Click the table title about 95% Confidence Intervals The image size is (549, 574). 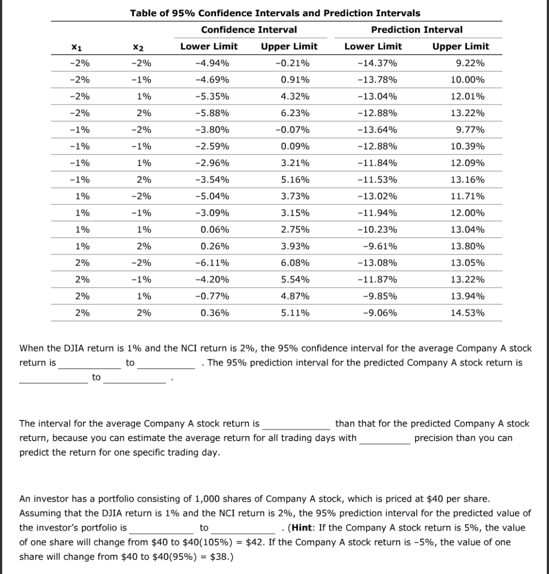pos(275,13)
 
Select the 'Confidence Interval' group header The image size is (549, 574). pos(248,30)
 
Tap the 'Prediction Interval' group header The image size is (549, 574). pos(417,30)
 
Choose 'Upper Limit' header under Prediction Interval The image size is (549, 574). pos(460,47)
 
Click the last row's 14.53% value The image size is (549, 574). pos(468,313)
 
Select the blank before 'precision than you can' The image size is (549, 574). pos(384,438)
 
